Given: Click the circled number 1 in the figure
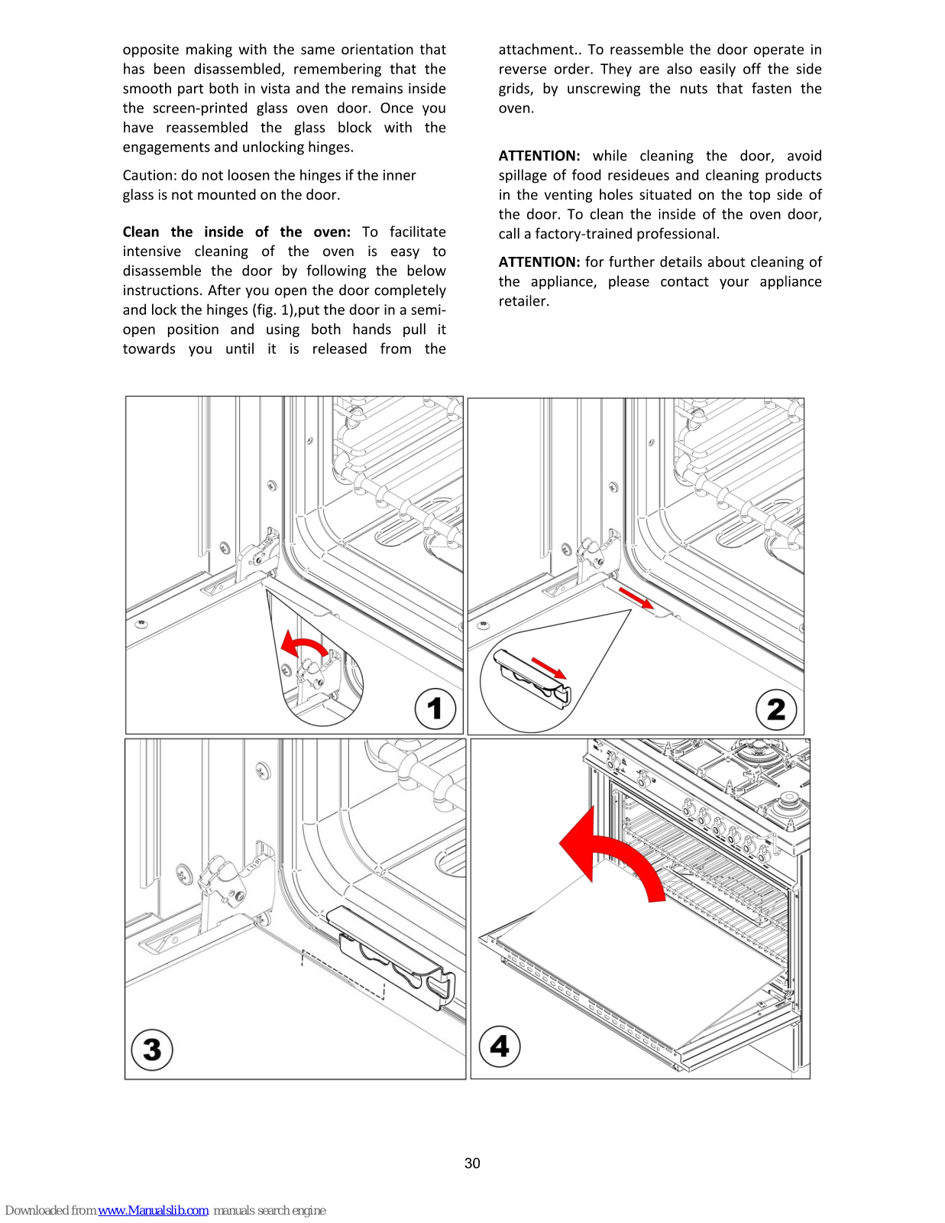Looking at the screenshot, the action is [435, 709].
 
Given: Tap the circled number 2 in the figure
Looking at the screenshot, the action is [776, 709].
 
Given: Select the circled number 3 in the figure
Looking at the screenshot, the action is [152, 1049].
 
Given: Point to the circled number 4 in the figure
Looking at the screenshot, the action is [500, 1046].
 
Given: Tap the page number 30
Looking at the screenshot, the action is [472, 1163].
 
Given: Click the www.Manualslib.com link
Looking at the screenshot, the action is [153, 1210].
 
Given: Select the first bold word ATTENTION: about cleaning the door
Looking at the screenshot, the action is [539, 156].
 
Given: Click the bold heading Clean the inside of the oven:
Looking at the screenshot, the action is [236, 232].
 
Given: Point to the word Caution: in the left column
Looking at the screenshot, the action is [150, 176].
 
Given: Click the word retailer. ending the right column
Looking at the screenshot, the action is [524, 301].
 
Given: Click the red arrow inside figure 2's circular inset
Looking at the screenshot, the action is [549, 667].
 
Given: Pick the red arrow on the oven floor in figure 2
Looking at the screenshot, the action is [636, 598].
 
